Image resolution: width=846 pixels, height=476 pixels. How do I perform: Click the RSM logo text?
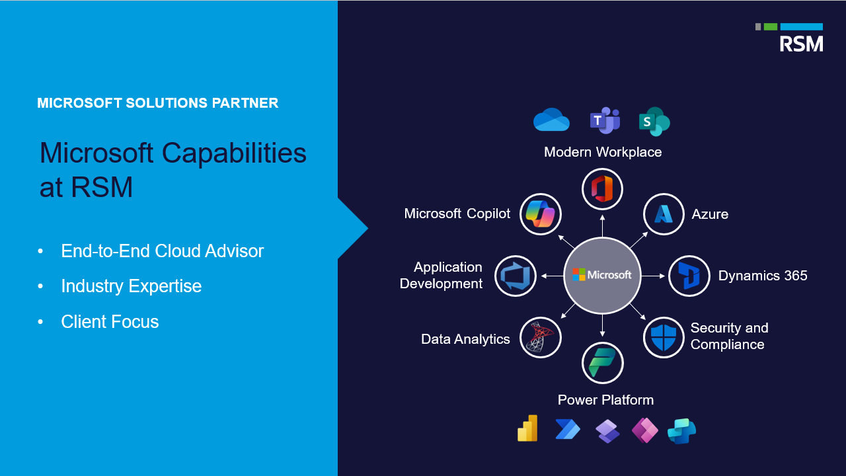[801, 44]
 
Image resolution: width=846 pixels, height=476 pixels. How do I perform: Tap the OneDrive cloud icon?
[551, 120]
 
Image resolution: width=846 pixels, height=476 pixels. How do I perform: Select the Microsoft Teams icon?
[605, 120]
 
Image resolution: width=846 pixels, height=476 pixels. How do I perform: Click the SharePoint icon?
[654, 122]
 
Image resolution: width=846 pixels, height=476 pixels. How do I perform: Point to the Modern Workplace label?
[603, 152]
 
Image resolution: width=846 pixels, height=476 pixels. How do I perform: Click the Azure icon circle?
[664, 214]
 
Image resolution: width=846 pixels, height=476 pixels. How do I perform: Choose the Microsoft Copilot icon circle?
[541, 214]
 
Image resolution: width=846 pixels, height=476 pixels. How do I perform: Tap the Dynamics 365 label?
[763, 276]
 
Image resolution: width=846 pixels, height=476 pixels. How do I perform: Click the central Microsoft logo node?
[602, 276]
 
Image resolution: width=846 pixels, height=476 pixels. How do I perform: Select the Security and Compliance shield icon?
[664, 337]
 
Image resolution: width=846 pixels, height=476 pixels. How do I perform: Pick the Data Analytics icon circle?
[541, 337]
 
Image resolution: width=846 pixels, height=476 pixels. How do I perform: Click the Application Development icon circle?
[516, 276]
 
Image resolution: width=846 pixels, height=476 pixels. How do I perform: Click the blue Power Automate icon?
[568, 429]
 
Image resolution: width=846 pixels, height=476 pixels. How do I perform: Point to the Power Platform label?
[605, 400]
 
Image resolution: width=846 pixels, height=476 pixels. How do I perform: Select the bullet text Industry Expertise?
[131, 286]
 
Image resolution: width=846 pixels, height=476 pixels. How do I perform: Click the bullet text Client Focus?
[110, 321]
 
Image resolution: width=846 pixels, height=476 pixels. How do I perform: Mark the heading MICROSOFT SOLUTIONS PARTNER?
[157, 102]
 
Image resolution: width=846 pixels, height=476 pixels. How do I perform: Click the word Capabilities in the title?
[234, 153]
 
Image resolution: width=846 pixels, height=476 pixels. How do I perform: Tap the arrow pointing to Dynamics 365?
[653, 276]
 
